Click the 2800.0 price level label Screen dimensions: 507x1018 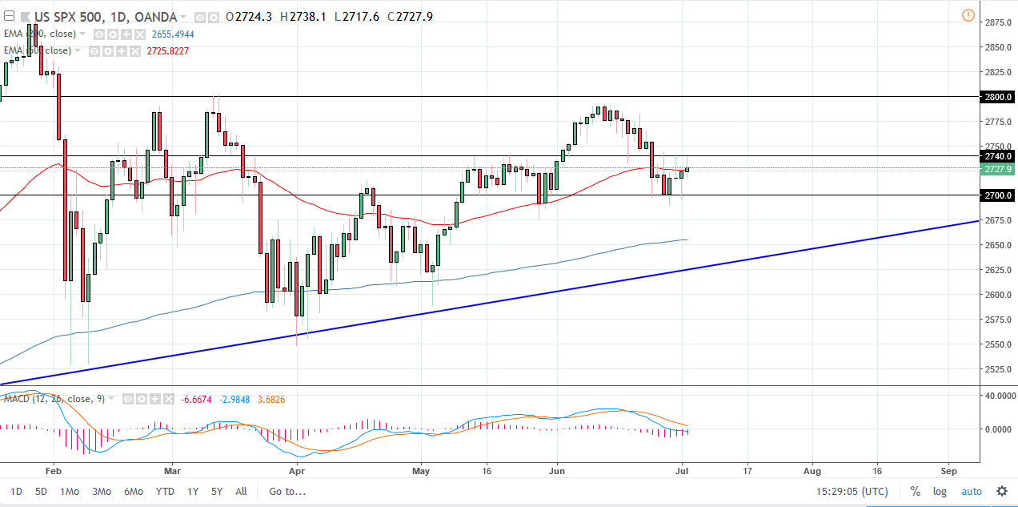point(997,97)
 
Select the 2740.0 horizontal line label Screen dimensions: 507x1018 point(997,155)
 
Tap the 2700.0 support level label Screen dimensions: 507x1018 point(997,195)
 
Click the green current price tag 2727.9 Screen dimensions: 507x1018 point(997,169)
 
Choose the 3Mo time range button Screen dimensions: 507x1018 point(102,492)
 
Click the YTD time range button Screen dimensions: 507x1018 point(165,492)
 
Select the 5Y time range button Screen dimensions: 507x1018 point(217,492)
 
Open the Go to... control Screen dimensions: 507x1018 point(287,492)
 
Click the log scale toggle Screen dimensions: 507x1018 point(939,492)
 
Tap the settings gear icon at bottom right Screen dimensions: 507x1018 point(1001,492)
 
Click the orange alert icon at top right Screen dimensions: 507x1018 point(968,15)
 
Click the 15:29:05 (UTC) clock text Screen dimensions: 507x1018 point(851,492)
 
